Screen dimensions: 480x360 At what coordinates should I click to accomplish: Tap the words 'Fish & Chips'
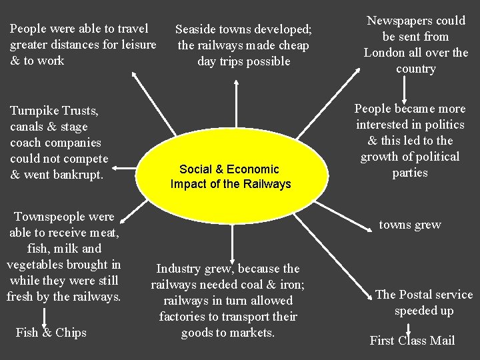tap(51, 332)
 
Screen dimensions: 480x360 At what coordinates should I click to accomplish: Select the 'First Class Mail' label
tap(412, 341)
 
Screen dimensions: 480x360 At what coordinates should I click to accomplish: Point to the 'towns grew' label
tap(410, 225)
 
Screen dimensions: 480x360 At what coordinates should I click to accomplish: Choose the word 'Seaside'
tap(197, 29)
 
